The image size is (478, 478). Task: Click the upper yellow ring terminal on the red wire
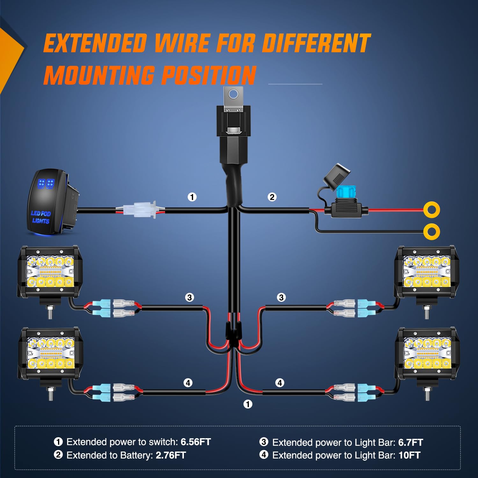tap(432, 210)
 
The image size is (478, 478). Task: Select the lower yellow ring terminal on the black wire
tap(432, 231)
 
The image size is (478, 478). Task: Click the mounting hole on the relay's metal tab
tap(234, 94)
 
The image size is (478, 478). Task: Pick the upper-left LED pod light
tap(49, 271)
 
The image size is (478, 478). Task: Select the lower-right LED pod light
tap(427, 354)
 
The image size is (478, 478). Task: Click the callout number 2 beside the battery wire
tap(272, 197)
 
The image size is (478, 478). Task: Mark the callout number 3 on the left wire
tap(190, 297)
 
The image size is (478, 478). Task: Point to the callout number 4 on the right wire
tap(280, 383)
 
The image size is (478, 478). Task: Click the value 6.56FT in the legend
tap(196, 442)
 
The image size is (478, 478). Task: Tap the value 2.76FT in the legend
tap(170, 455)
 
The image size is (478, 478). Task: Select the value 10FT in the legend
tap(409, 455)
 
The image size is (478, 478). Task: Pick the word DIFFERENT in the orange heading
tap(315, 44)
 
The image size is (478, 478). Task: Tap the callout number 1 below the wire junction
tap(248, 404)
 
